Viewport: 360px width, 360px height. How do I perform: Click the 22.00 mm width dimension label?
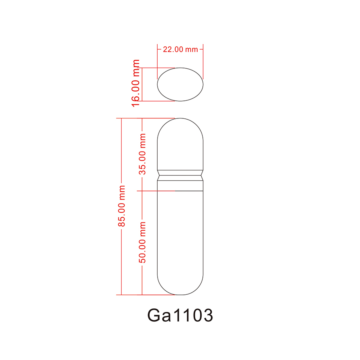tap(180, 49)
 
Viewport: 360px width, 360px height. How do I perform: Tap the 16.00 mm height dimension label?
tap(136, 83)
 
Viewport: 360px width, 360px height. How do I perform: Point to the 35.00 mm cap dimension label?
tap(142, 154)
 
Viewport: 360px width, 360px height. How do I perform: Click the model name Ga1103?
tap(180, 316)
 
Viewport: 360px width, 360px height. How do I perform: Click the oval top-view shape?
tap(180, 84)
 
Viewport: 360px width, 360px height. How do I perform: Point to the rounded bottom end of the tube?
tap(180, 286)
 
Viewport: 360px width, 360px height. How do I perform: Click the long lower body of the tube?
tap(180, 232)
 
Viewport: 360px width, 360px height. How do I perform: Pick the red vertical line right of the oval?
tap(203, 64)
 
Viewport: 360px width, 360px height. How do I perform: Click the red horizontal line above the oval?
tap(158, 68)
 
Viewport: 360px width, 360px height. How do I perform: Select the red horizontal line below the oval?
tap(158, 101)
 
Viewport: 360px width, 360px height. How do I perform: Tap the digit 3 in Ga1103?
tap(206, 316)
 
